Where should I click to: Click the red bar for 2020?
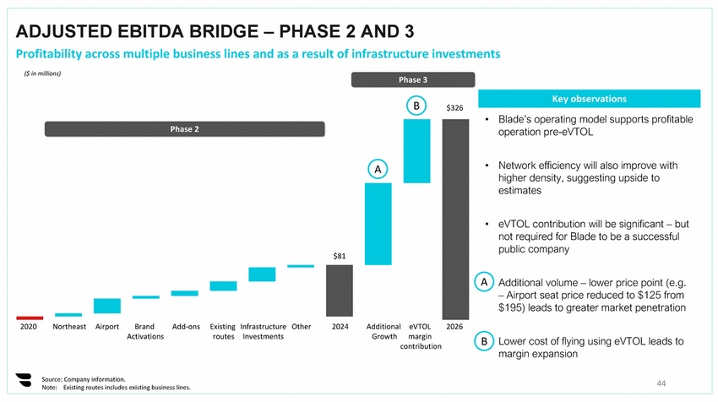tap(30, 318)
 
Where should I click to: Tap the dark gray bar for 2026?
tap(455, 219)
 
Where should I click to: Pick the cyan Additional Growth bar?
tap(378, 224)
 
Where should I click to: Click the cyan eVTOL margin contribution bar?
tap(417, 150)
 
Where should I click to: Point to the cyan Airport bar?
tap(107, 306)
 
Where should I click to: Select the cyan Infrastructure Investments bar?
tap(262, 274)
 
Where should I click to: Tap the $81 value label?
tap(340, 255)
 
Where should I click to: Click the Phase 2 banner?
tap(184, 129)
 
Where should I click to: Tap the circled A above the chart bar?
tap(378, 169)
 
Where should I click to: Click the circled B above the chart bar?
tap(416, 106)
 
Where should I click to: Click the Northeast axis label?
tap(69, 326)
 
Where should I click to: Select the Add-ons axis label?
tap(186, 326)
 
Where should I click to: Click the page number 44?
tap(661, 383)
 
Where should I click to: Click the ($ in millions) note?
tap(42, 73)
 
